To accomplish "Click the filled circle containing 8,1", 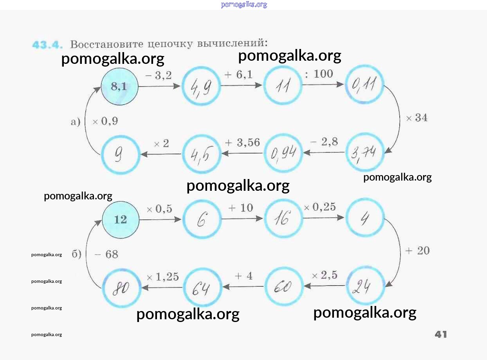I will click(120, 87).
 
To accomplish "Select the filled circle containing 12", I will click(121, 219).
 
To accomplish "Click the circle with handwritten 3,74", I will click(365, 152).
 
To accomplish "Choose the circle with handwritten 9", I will click(120, 154).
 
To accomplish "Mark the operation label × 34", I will click(417, 118).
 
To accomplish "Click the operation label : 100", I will click(319, 74).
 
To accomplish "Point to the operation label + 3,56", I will click(242, 143).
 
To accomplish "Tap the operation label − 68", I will click(106, 255).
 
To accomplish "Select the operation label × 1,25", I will click(162, 277).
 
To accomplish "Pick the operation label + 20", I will click(417, 251).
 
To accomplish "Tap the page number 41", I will click(440, 334).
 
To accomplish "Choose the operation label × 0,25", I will click(319, 207).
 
